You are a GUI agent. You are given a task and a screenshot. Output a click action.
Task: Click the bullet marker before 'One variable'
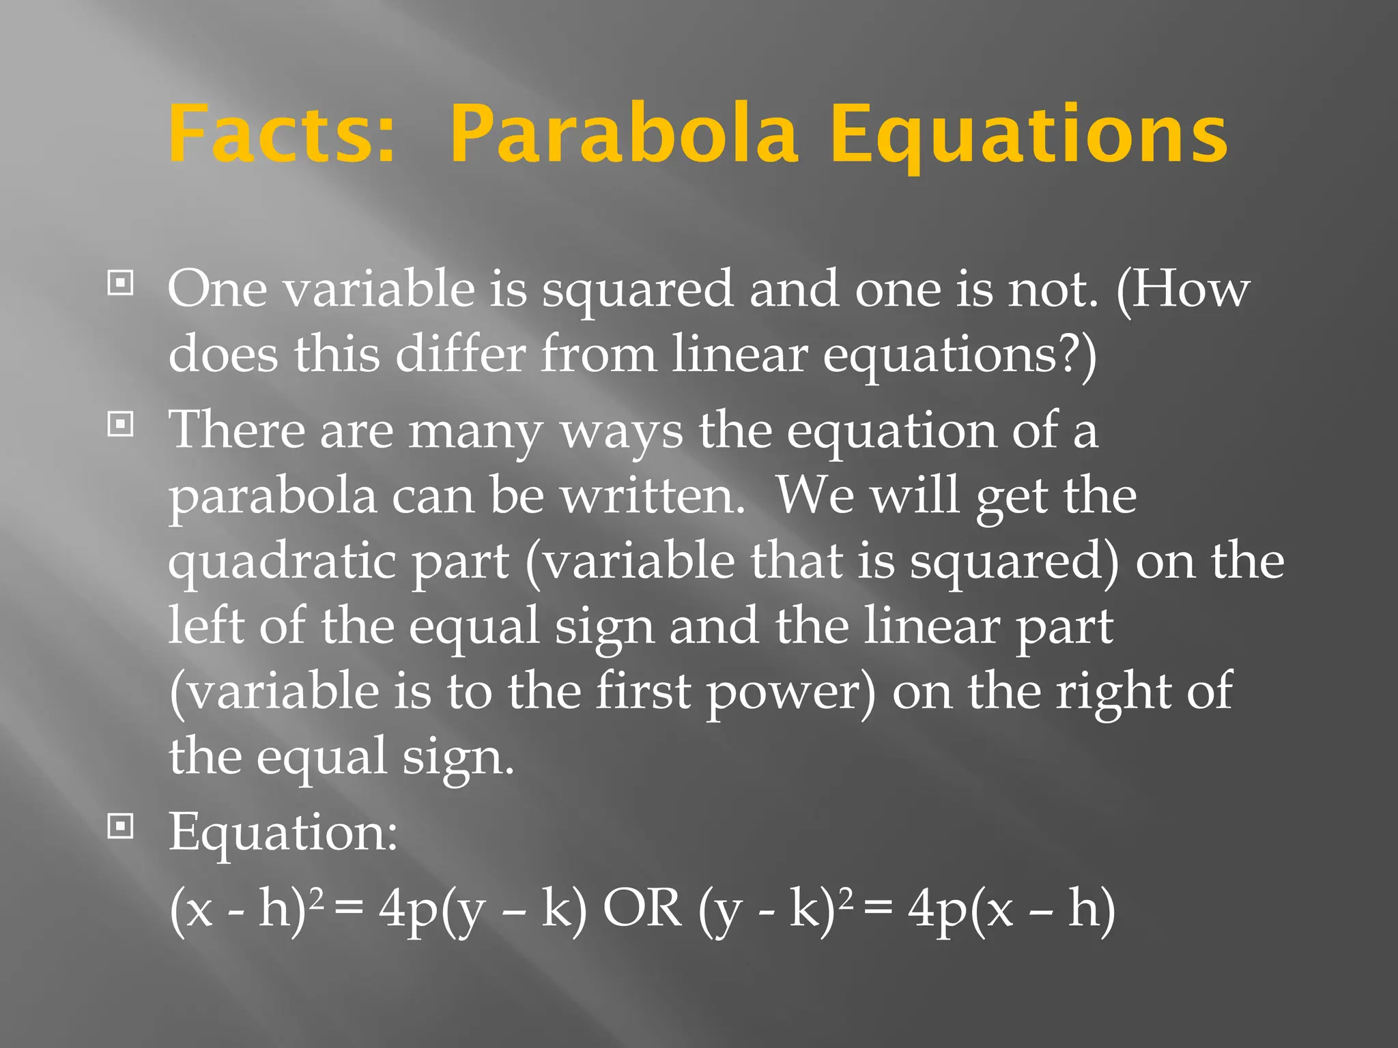pyautogui.click(x=121, y=282)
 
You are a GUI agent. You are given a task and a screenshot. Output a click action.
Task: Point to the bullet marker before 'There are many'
pyautogui.click(x=121, y=424)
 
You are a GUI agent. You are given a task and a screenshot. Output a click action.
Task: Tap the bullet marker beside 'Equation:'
pyautogui.click(x=121, y=826)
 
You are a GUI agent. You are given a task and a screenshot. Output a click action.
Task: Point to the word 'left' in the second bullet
pyautogui.click(x=206, y=626)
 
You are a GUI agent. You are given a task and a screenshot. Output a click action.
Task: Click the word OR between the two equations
pyautogui.click(x=642, y=909)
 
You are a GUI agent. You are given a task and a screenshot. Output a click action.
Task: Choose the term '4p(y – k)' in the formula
pyautogui.click(x=483, y=910)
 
